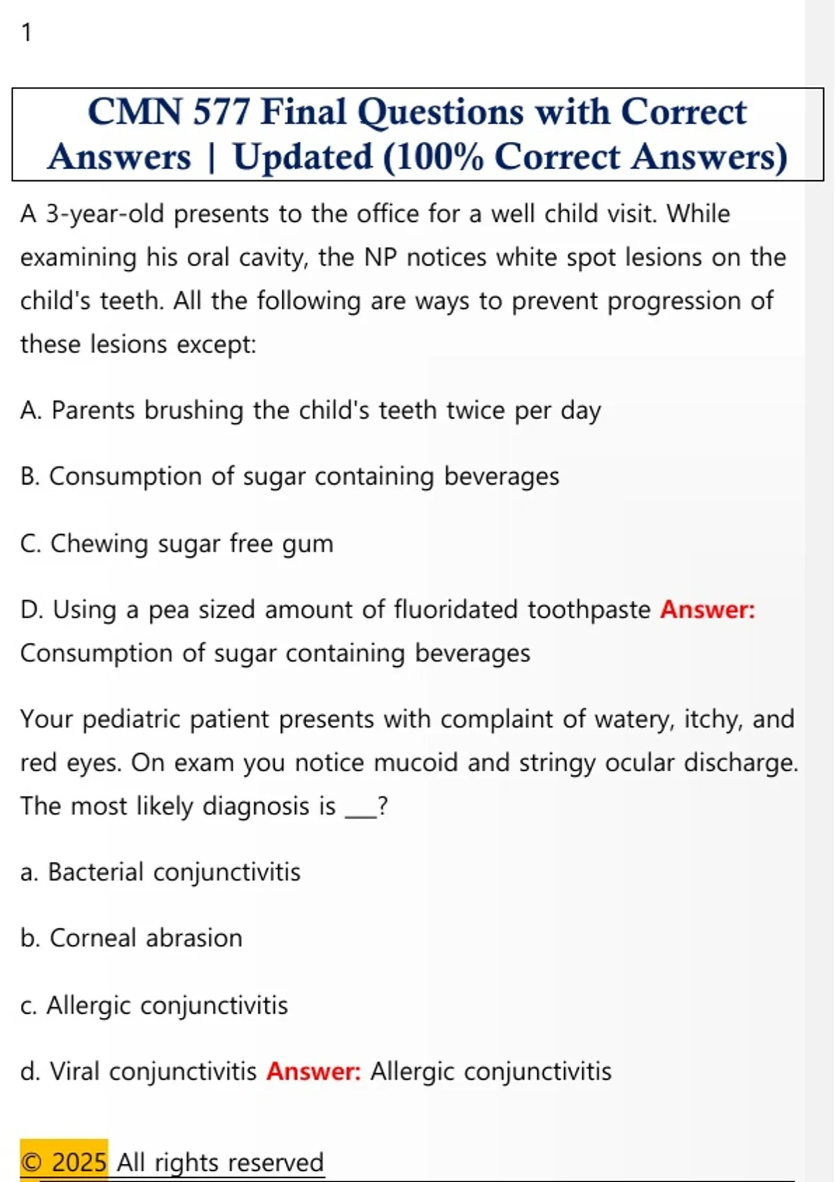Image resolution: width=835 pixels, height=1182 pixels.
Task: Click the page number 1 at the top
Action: (x=26, y=33)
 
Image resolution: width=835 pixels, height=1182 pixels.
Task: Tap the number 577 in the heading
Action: (x=221, y=112)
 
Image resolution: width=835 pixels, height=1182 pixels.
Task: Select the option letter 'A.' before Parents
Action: (x=31, y=411)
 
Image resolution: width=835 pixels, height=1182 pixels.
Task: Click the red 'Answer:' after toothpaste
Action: (x=708, y=610)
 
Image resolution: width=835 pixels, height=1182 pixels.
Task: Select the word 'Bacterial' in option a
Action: (x=96, y=872)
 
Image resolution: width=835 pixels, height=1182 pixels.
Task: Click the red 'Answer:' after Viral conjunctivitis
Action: (x=314, y=1071)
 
